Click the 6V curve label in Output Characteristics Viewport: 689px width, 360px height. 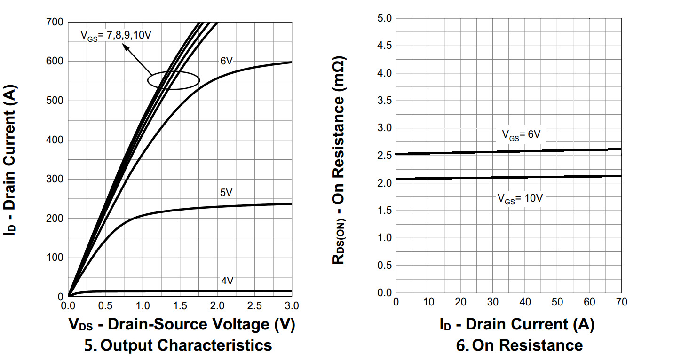tap(227, 61)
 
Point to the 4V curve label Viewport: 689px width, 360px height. tap(227, 281)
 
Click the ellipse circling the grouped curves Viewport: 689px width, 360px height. tap(174, 80)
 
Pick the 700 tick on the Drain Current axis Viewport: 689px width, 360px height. tap(55, 22)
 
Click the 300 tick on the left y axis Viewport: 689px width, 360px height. tap(55, 179)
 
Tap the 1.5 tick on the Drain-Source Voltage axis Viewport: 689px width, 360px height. tap(180, 306)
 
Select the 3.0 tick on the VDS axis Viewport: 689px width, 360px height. tap(292, 306)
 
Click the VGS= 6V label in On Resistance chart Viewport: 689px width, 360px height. tap(521, 134)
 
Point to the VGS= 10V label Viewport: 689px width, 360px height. tap(520, 198)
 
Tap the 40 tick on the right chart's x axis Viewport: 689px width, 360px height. tap(525, 302)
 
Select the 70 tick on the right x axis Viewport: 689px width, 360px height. tap(621, 302)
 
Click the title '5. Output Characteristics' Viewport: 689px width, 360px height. tap(178, 345)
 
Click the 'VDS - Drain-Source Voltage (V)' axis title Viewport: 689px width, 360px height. tap(182, 324)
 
